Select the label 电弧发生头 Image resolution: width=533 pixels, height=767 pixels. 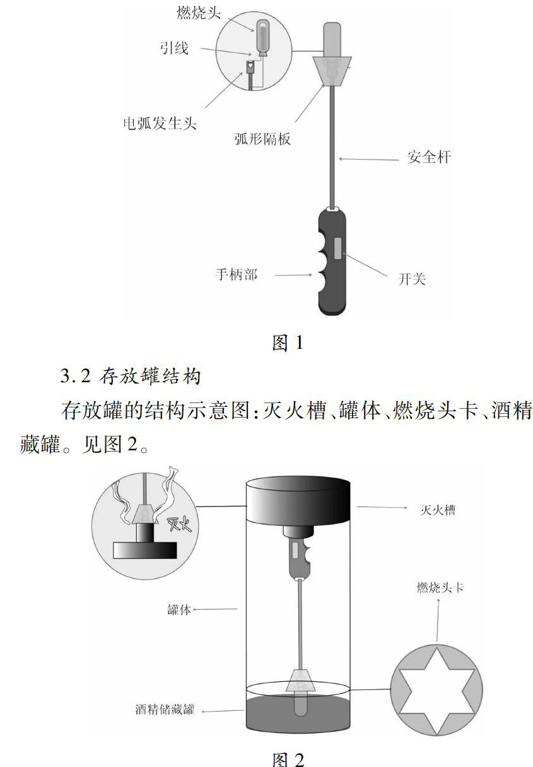click(159, 122)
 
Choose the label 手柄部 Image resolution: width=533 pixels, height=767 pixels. click(236, 274)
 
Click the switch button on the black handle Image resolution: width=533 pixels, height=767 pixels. click(338, 247)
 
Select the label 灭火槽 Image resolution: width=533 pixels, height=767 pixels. click(438, 510)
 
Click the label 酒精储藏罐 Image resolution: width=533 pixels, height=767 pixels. click(165, 710)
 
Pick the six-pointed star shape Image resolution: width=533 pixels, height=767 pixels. click(436, 689)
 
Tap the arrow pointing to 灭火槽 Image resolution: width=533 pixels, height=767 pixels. click(381, 506)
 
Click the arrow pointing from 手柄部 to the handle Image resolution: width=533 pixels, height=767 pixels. click(293, 275)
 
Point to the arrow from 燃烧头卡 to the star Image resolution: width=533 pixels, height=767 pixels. click(436, 621)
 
